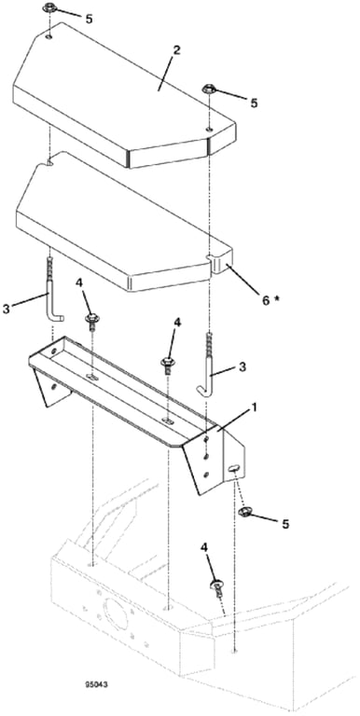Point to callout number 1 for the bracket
pos(254,406)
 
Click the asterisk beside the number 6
pos(277,297)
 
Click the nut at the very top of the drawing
pos(48,8)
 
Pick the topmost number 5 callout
pos(90,19)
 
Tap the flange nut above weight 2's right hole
pos(209,89)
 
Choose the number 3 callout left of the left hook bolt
pos(7,310)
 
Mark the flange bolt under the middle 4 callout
pos(167,365)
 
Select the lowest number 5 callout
pos(285,524)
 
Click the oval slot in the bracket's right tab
pos(233,468)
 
